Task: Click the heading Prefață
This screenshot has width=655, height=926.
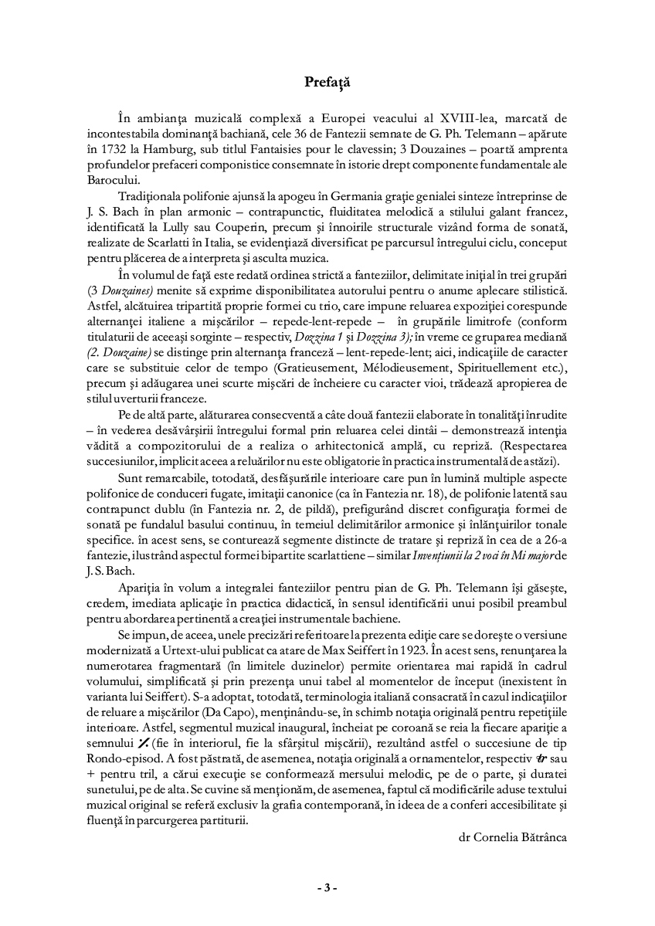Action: pos(327,80)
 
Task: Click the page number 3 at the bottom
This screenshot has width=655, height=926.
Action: pos(327,887)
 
